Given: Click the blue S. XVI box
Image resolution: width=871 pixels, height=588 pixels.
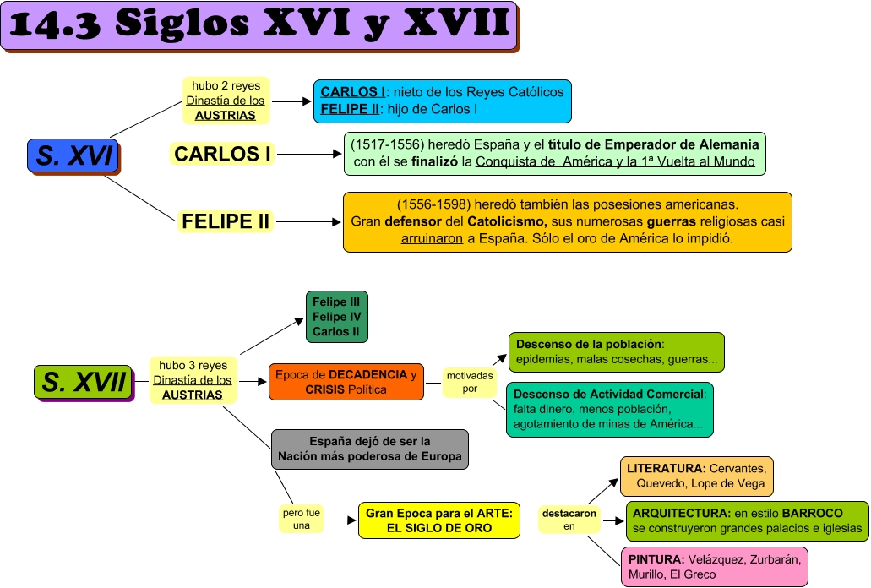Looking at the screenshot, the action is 73,155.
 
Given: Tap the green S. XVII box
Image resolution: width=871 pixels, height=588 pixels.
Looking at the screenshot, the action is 84,381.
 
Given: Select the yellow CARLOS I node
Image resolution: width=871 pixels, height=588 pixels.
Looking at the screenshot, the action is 223,154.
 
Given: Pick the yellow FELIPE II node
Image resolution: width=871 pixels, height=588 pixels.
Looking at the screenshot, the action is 226,222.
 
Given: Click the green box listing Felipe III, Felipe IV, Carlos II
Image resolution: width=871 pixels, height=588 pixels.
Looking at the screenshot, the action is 336,317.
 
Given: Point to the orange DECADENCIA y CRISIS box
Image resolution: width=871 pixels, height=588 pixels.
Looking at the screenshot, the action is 346,382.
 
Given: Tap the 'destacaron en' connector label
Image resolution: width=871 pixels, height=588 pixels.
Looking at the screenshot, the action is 569,520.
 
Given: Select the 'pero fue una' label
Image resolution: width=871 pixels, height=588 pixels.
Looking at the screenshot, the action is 301,518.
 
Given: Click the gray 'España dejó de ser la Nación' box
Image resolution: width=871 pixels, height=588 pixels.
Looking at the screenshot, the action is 369,449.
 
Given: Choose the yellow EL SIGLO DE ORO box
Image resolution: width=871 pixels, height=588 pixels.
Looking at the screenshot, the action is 438,520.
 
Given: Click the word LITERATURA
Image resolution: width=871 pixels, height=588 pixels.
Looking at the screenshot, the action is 666,468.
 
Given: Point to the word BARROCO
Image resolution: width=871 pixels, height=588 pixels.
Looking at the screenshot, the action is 812,513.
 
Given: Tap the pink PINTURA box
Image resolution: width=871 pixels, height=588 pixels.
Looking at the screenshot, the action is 715,566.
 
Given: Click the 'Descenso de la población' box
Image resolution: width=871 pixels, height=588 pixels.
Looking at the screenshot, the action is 616,352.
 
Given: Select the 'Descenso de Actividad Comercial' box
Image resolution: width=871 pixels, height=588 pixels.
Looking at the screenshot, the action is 609,409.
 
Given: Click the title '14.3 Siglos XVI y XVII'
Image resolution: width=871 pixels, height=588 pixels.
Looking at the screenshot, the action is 261,25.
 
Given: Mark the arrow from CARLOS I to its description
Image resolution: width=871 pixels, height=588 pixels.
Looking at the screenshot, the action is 308,155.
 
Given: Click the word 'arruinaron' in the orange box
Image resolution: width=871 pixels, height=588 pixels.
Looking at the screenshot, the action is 431,238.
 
